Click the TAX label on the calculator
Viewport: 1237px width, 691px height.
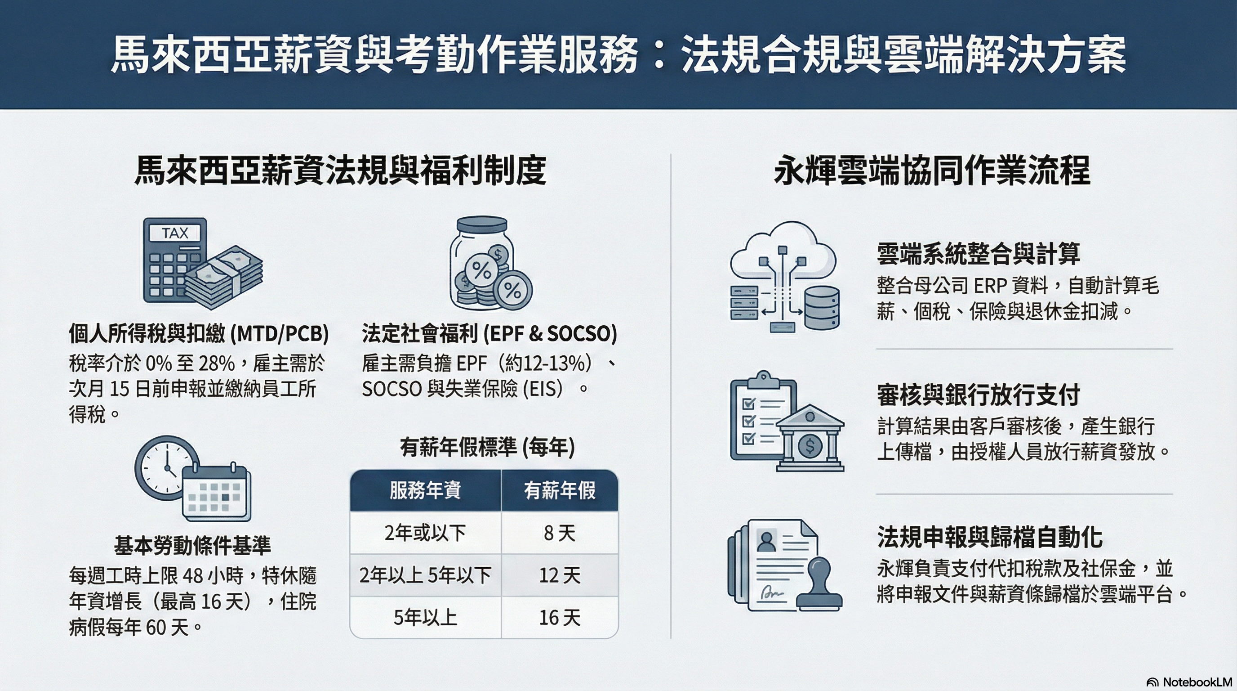[x=175, y=233]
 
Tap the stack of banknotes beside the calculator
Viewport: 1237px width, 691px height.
[x=224, y=277]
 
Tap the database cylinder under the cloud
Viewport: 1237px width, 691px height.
[x=822, y=308]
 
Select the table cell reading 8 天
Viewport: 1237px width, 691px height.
[x=560, y=533]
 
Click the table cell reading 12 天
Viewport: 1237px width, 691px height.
[x=560, y=575]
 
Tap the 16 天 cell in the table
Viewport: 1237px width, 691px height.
[x=560, y=618]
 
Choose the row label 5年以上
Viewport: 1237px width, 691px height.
[x=426, y=618]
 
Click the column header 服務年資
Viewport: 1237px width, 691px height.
[x=426, y=490]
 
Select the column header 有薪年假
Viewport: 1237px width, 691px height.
[x=560, y=490]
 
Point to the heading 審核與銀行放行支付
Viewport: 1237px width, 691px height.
[x=979, y=395]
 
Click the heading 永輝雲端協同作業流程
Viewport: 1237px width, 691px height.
[x=932, y=171]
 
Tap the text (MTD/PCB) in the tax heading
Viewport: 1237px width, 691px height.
[x=280, y=333]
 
